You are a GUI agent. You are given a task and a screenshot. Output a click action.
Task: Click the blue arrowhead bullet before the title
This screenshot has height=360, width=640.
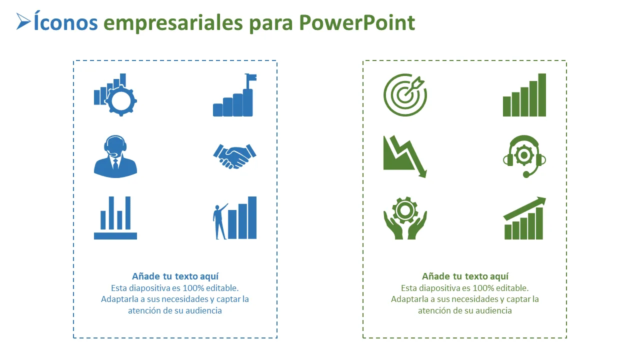(x=22, y=21)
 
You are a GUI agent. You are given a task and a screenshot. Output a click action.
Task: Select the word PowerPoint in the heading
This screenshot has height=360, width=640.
(x=357, y=22)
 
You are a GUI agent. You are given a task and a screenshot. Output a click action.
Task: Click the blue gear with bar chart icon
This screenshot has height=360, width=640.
(x=115, y=95)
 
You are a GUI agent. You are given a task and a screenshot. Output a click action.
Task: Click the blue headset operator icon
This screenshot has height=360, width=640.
(x=115, y=156)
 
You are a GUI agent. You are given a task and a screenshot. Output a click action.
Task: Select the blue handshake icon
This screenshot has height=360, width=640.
(x=234, y=156)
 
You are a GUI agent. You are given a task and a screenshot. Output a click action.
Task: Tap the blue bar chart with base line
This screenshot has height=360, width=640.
(x=115, y=217)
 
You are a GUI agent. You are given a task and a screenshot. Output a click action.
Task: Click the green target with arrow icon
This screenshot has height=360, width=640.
(x=405, y=95)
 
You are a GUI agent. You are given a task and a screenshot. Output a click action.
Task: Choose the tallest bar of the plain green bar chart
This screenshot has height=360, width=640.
(x=542, y=95)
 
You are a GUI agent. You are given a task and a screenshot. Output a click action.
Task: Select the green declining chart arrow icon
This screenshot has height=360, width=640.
(x=405, y=156)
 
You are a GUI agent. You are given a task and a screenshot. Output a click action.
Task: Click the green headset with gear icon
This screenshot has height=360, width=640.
(x=524, y=156)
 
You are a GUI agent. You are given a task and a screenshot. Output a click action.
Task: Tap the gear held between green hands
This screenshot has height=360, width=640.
(x=405, y=210)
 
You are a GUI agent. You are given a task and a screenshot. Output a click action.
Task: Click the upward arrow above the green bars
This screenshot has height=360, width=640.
(x=524, y=208)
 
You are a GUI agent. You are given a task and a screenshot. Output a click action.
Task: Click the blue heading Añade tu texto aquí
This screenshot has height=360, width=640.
(x=175, y=276)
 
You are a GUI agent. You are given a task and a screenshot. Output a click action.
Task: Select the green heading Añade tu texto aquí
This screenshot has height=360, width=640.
(x=465, y=276)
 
